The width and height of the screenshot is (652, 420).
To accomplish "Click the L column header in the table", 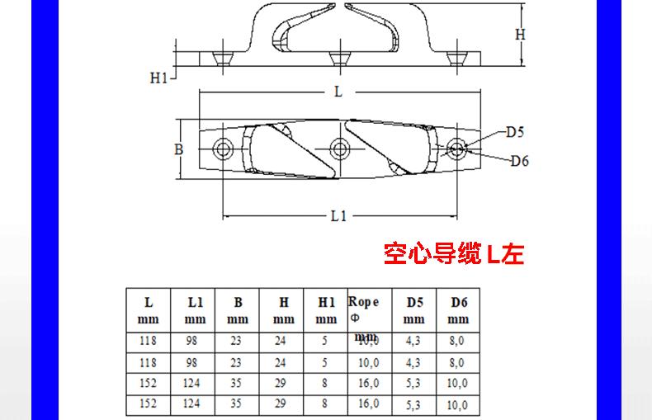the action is [x=149, y=309].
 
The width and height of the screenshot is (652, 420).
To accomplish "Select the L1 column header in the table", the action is [x=195, y=309].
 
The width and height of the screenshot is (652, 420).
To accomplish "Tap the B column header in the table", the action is [x=238, y=309].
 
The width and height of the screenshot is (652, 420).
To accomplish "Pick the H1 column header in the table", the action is [x=326, y=309].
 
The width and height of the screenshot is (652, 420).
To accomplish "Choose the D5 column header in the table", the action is [x=414, y=309].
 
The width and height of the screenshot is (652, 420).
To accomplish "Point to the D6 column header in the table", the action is [x=459, y=309].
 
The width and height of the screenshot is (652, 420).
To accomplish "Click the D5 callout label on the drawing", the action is [x=516, y=131].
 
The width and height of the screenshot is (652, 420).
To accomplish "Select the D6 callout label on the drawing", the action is [x=519, y=160].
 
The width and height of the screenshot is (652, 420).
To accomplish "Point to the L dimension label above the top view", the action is [x=338, y=92].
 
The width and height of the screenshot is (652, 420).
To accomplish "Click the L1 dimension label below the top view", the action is [x=339, y=216].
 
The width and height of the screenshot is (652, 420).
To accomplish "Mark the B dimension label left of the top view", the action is [x=178, y=149].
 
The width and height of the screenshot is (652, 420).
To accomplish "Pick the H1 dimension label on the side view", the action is [x=159, y=78].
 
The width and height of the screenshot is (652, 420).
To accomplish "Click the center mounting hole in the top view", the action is [x=338, y=149].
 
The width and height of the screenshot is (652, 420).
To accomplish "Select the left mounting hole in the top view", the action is [x=222, y=149].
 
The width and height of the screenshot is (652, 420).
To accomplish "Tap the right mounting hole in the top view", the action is [x=456, y=149].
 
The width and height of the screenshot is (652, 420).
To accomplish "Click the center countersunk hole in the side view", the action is [x=337, y=59].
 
